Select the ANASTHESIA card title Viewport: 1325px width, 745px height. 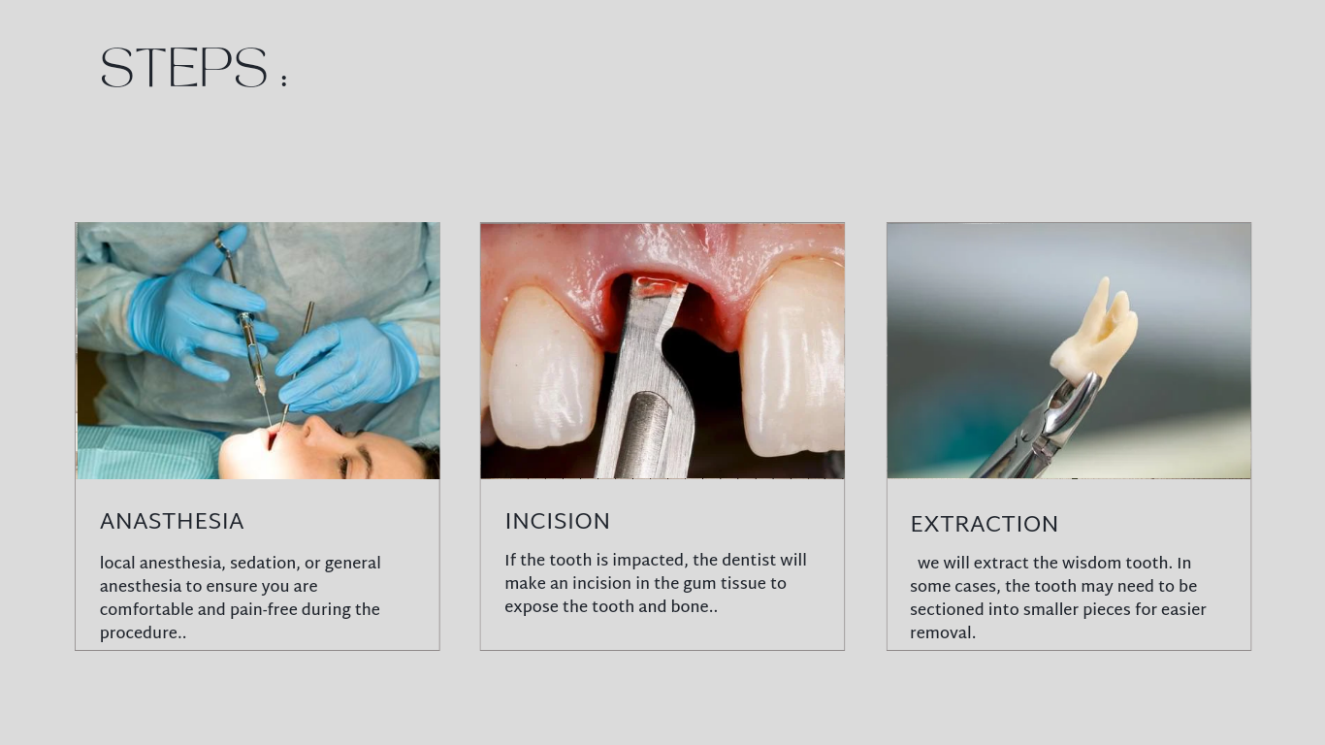coord(172,521)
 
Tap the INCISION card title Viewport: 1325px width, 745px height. coord(557,521)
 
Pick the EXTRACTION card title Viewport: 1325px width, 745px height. coord(984,524)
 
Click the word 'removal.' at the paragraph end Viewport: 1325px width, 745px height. coord(943,633)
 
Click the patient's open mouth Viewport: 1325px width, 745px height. coord(272,439)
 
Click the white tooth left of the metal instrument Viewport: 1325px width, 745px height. coord(543,367)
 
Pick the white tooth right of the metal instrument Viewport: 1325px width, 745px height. coord(792,358)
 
